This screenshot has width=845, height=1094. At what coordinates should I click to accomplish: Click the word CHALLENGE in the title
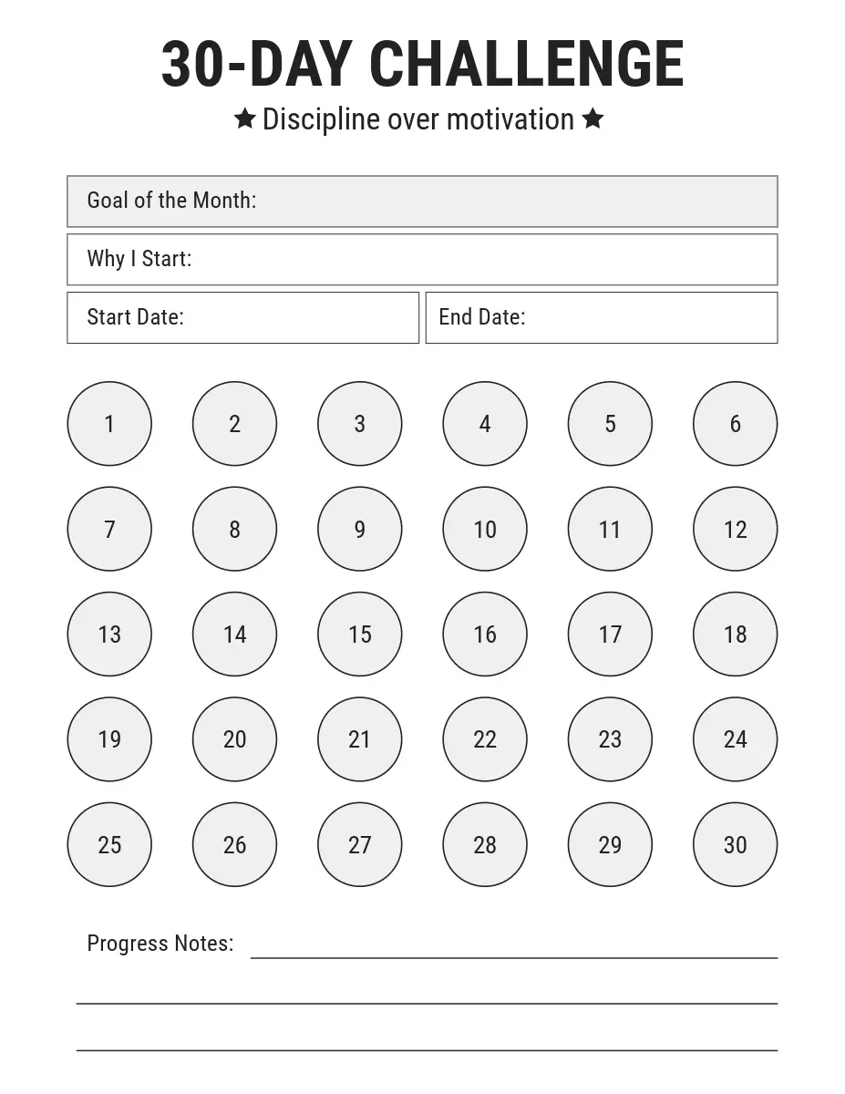pyautogui.click(x=526, y=65)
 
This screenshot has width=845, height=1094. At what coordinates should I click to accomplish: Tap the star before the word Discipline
pyautogui.click(x=244, y=119)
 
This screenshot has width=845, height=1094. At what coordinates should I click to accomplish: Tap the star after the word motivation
pyautogui.click(x=593, y=119)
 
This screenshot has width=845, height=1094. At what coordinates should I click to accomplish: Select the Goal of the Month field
pyautogui.click(x=422, y=201)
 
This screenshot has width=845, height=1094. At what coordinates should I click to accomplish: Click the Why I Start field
pyautogui.click(x=422, y=260)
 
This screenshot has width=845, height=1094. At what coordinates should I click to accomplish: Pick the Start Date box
pyautogui.click(x=242, y=317)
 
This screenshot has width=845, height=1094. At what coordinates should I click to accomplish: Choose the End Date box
pyautogui.click(x=602, y=317)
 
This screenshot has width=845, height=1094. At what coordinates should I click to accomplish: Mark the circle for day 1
pyautogui.click(x=109, y=424)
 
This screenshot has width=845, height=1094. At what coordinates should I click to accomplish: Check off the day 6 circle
pyautogui.click(x=735, y=424)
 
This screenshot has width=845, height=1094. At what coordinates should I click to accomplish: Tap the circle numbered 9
pyautogui.click(x=359, y=529)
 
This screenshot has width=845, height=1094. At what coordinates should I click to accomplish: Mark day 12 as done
pyautogui.click(x=735, y=529)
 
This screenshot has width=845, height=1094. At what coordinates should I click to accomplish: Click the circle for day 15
pyautogui.click(x=359, y=635)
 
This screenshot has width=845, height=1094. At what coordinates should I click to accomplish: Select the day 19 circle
pyautogui.click(x=109, y=739)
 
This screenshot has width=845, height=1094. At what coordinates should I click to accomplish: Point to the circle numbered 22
pyautogui.click(x=485, y=739)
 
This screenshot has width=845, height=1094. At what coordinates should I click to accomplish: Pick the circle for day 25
pyautogui.click(x=109, y=844)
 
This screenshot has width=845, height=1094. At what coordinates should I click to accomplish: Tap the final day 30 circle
pyautogui.click(x=735, y=844)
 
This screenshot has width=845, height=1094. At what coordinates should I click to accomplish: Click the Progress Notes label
pyautogui.click(x=160, y=944)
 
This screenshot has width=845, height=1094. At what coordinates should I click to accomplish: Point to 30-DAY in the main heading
pyautogui.click(x=256, y=65)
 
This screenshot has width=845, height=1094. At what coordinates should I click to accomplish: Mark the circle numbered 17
pyautogui.click(x=610, y=635)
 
